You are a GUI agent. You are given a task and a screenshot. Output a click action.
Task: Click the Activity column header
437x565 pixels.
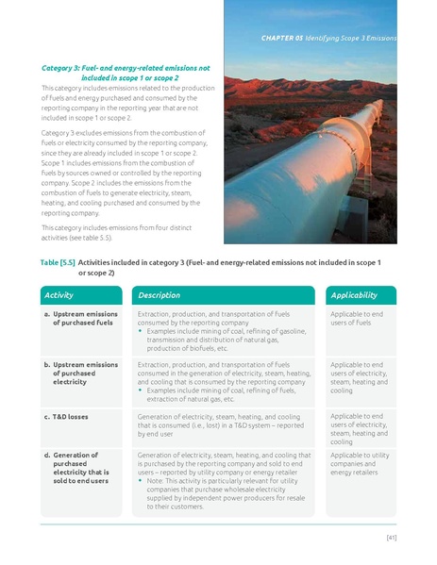tap(59, 295)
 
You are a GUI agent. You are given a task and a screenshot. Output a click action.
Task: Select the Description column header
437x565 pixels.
tap(160, 295)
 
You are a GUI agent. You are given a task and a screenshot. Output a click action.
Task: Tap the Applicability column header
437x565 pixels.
tap(354, 295)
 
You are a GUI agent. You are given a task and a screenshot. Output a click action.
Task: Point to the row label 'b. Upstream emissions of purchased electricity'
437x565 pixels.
tap(82, 373)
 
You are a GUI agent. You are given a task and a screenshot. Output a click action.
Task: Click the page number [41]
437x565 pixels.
tap(390, 538)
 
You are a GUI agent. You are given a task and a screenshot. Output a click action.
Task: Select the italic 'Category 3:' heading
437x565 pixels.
tap(64, 69)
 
